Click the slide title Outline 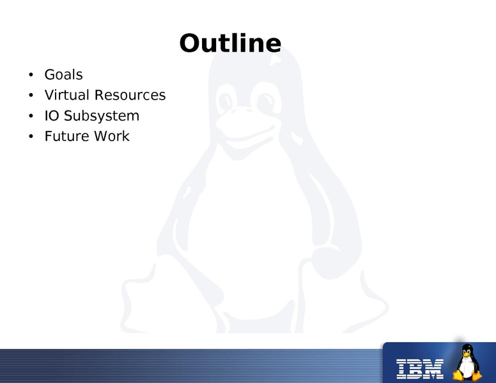(230, 43)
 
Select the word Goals (63, 75)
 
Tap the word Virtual (66, 95)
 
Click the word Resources (130, 95)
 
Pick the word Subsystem (102, 116)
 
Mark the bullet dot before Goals (31, 75)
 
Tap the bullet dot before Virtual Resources (31, 95)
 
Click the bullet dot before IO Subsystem (31, 116)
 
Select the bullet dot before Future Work (31, 136)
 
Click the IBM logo (420, 369)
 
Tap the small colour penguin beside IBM (467, 362)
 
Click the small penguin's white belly (467, 367)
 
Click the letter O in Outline (190, 43)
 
